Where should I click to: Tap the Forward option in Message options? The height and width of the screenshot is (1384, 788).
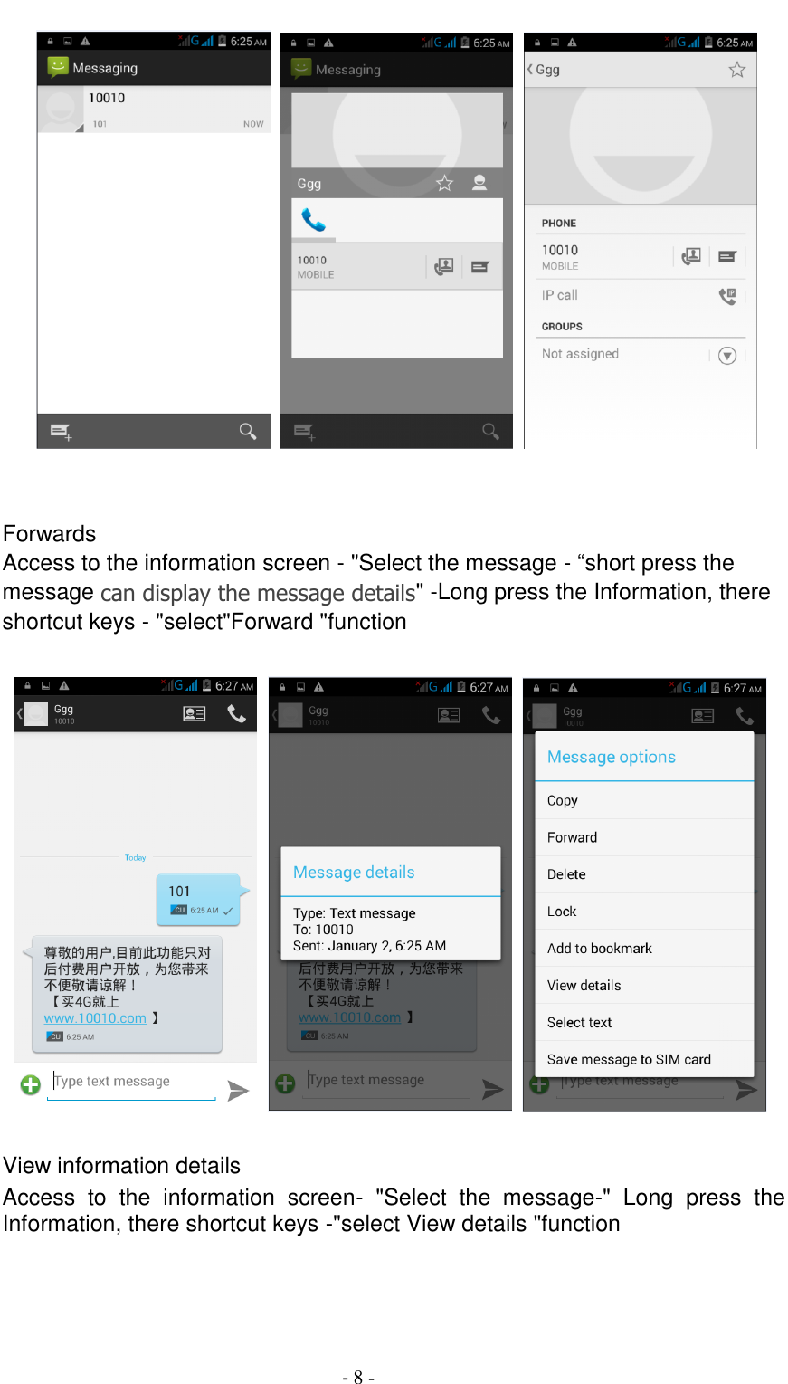572,837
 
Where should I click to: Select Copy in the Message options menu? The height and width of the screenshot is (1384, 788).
562,800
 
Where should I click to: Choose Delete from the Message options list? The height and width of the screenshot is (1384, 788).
566,874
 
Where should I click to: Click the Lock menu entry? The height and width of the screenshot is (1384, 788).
562,912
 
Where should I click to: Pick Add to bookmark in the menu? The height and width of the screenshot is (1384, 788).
599,949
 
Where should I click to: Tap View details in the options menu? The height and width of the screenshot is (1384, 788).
584,986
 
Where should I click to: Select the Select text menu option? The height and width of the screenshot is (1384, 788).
579,1023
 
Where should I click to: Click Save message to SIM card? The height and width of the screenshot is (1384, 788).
629,1059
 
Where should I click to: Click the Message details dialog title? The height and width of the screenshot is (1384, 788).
354,873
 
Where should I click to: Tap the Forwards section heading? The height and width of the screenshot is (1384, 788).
50,534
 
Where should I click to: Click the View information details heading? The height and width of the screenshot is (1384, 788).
122,1166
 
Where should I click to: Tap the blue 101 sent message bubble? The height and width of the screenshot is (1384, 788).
198,899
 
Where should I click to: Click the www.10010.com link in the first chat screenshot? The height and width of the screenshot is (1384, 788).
95,1018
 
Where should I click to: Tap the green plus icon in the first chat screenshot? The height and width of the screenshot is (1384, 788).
31,1084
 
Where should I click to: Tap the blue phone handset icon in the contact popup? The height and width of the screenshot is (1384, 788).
314,220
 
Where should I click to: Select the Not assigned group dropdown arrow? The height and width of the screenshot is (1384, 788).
727,356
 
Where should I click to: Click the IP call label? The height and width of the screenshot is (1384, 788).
560,295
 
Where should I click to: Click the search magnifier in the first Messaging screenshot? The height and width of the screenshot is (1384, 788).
247,431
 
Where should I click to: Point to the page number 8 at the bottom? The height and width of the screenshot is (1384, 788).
358,1377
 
